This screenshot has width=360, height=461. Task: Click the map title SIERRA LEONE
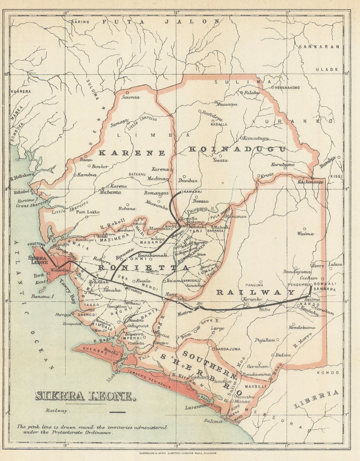85,396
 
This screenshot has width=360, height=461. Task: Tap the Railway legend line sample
117,412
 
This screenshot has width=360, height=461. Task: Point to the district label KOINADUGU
237,149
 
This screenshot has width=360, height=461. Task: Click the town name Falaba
252,92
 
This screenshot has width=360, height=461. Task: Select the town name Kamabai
191,192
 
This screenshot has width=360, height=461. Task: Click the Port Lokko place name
88,212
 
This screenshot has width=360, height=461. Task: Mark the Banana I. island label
43,296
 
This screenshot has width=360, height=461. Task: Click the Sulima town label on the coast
213,420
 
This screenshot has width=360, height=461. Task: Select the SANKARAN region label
319,47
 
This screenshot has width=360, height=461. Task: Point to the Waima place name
305,233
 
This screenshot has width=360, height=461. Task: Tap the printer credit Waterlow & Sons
180,453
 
